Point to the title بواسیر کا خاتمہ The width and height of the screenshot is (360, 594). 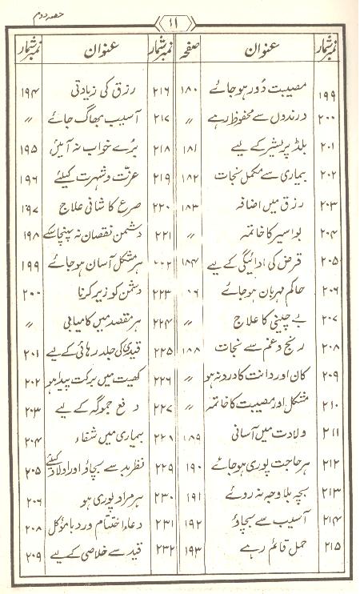coord(254,238)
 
